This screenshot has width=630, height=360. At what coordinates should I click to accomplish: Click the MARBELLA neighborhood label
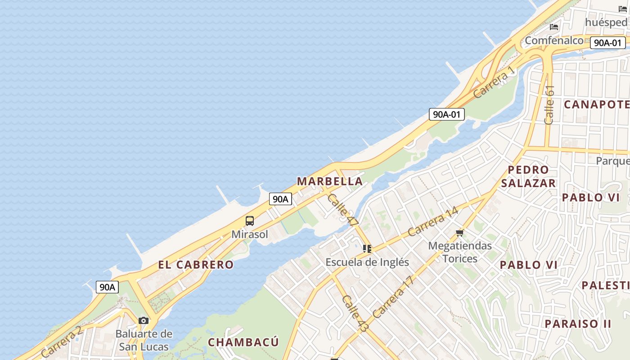pyautogui.click(x=330, y=181)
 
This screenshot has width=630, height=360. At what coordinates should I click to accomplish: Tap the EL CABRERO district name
pyautogui.click(x=196, y=265)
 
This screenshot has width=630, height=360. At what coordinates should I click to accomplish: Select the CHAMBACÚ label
pyautogui.click(x=243, y=342)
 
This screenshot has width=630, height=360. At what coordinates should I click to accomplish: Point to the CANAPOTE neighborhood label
pyautogui.click(x=596, y=104)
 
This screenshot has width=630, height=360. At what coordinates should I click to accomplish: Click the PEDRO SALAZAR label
pyautogui.click(x=528, y=176)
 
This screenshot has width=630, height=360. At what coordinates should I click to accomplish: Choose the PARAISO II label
pyautogui.click(x=578, y=324)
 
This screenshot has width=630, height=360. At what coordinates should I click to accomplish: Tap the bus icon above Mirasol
pyautogui.click(x=250, y=221)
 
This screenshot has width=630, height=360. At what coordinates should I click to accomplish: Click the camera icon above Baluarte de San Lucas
pyautogui.click(x=144, y=320)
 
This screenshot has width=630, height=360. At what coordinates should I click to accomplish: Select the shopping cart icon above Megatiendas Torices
pyautogui.click(x=459, y=233)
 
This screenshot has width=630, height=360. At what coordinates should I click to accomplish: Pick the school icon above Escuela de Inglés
pyautogui.click(x=367, y=248)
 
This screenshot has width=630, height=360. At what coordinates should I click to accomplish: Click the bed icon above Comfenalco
pyautogui.click(x=554, y=27)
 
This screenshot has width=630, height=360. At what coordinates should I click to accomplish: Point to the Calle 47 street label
pyautogui.click(x=343, y=210)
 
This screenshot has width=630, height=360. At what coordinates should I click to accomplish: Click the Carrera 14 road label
pyautogui.click(x=433, y=221)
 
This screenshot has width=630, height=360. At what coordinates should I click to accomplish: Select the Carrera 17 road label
pyautogui.click(x=393, y=297)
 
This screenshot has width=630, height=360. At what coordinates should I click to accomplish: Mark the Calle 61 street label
pyautogui.click(x=549, y=105)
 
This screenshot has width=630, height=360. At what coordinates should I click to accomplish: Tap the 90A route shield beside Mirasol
pyautogui.click(x=280, y=199)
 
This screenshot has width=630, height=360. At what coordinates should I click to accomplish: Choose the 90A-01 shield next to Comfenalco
pyautogui.click(x=607, y=43)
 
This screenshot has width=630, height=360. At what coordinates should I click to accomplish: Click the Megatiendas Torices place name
pyautogui.click(x=460, y=252)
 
